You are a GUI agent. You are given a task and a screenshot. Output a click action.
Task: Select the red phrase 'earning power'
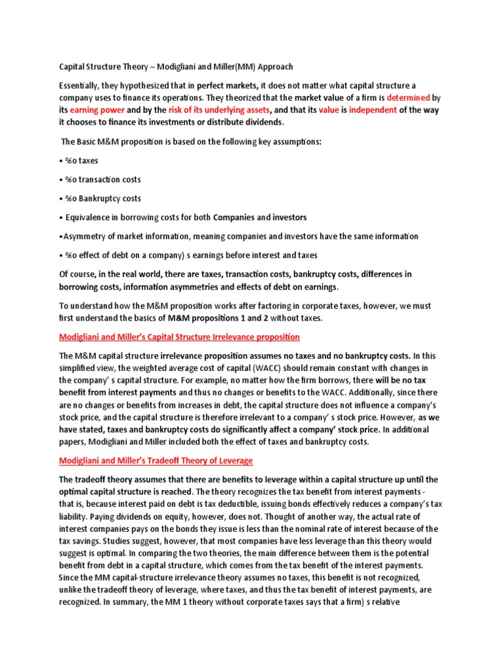97,110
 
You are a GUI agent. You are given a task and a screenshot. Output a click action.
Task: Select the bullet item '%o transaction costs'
103,180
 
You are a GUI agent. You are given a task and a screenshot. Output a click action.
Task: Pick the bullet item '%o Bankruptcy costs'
103,199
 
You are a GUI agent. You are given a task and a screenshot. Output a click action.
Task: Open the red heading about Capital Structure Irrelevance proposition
179,337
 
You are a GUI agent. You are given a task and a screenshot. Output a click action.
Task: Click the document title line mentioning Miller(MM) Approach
176,67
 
